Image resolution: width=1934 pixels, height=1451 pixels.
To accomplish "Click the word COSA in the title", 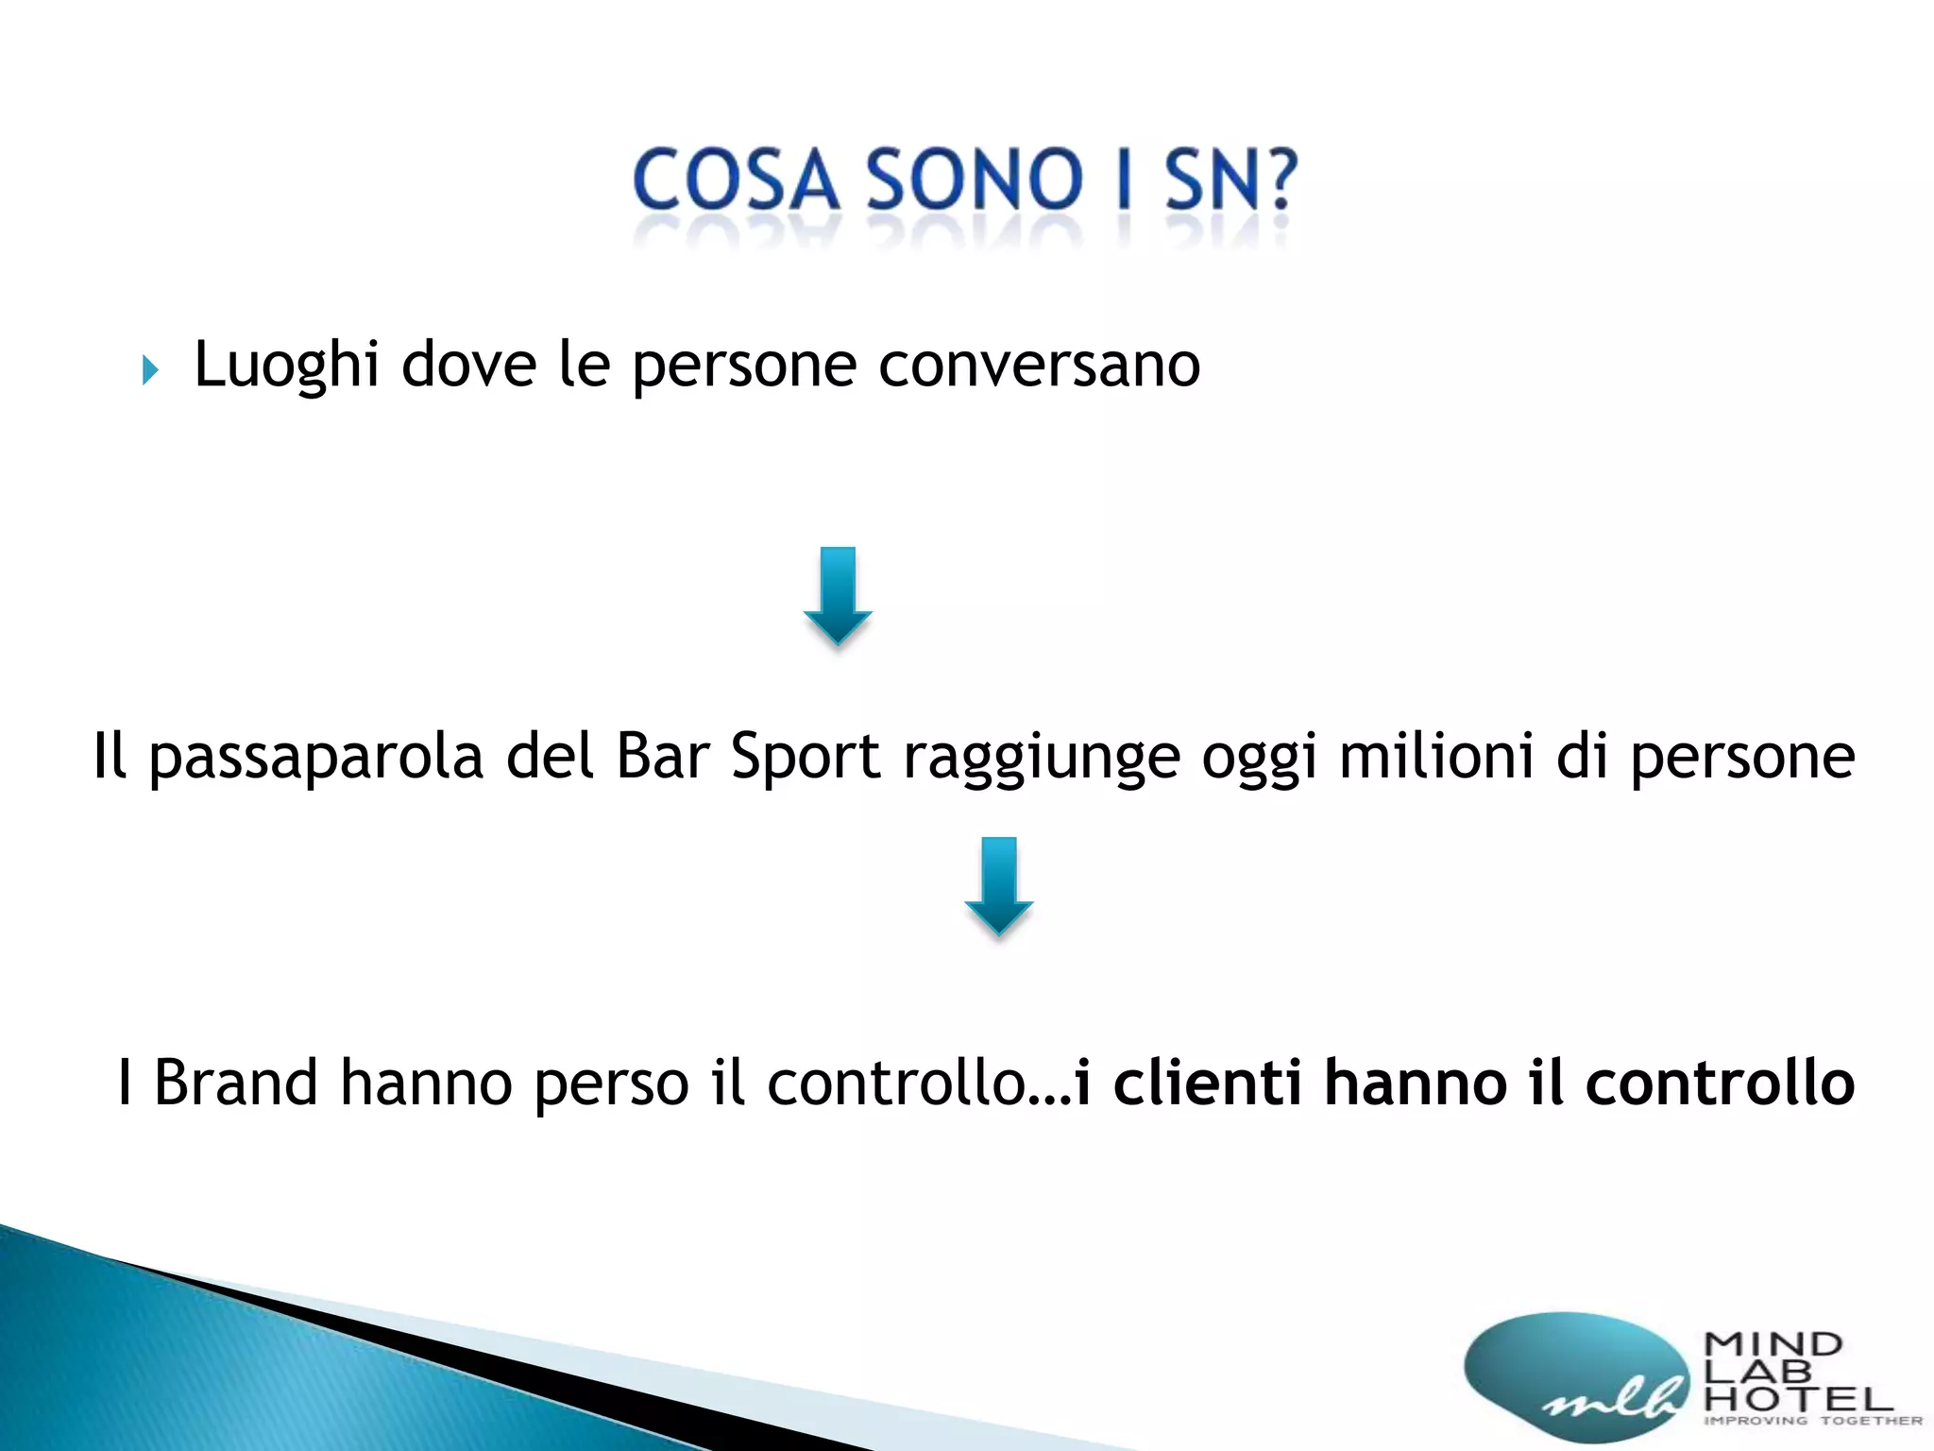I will pyautogui.click(x=736, y=179).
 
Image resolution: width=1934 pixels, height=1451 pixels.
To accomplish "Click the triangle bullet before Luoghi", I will pyautogui.click(x=150, y=369).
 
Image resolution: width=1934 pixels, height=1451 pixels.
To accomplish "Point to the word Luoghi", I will pyautogui.click(x=286, y=366).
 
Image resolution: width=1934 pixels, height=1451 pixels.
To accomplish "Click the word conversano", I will pyautogui.click(x=1039, y=366).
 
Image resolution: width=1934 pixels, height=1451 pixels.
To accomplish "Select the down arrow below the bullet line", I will pyautogui.click(x=838, y=596).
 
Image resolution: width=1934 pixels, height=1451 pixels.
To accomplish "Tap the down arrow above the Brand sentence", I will pyautogui.click(x=998, y=886).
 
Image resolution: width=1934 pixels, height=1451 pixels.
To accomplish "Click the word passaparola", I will pyautogui.click(x=316, y=758).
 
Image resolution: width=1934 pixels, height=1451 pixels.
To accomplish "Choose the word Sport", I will pyautogui.click(x=806, y=758).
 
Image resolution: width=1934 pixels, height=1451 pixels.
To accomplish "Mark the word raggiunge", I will pyautogui.click(x=1042, y=758).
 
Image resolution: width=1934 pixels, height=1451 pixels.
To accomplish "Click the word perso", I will pyautogui.click(x=612, y=1084).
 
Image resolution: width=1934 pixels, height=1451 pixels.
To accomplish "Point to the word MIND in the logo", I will pyautogui.click(x=1773, y=1343).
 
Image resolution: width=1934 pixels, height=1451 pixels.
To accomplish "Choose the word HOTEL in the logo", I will pyautogui.click(x=1798, y=1397).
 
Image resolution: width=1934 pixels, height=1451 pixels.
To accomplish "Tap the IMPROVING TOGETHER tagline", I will pyautogui.click(x=1812, y=1421).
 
